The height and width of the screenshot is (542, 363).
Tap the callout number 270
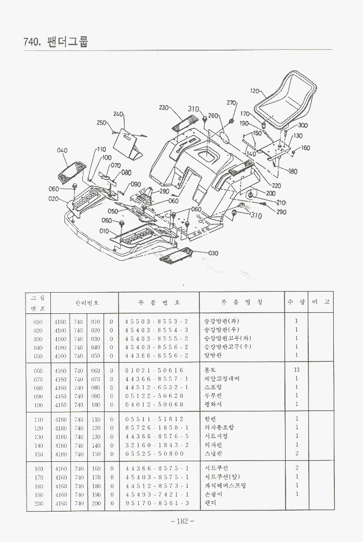231,103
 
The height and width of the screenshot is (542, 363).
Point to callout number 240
118,114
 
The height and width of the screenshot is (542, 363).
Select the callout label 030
213,253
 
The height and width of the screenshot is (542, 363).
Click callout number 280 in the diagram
164,191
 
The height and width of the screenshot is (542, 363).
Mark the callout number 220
276,186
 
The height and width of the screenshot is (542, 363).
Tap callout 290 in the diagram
281,212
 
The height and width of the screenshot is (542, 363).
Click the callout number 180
293,172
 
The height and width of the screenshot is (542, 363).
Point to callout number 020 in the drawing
53,198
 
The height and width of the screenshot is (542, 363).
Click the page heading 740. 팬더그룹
56,41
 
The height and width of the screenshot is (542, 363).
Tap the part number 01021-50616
154,370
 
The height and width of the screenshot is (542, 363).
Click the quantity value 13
296,370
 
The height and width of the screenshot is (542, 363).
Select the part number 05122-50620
154,396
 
